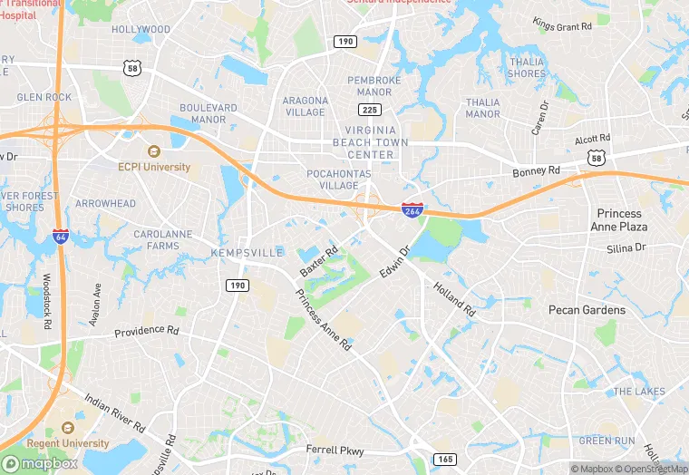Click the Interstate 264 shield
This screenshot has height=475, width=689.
coord(412,210)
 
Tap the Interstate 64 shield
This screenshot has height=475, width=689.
coord(61,236)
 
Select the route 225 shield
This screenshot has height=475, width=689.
coord(369,110)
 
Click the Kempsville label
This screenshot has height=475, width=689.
coord(247,252)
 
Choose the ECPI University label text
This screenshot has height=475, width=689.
coord(154,167)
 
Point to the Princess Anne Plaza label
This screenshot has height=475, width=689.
coord(620,220)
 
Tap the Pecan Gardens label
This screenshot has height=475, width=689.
coord(587,310)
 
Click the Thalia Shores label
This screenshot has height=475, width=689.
coord(527,68)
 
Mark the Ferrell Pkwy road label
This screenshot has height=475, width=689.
coord(335,450)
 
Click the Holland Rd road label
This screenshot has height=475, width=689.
coord(454,296)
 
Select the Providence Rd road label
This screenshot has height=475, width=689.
coord(146,334)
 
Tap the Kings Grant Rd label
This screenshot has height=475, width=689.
coord(562,26)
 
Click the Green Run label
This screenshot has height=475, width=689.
coord(607,441)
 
